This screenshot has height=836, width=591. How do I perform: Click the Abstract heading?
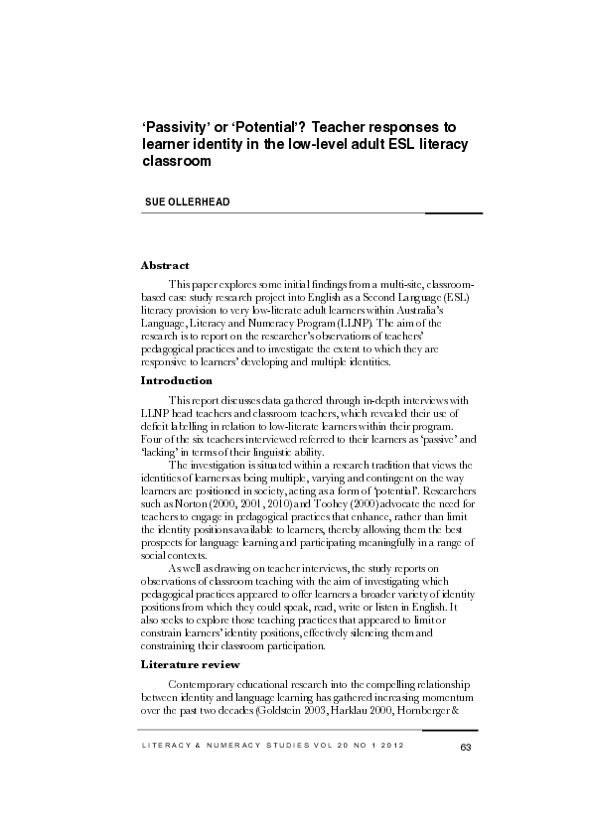coord(165,266)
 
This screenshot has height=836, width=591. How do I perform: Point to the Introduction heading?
coord(177,380)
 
